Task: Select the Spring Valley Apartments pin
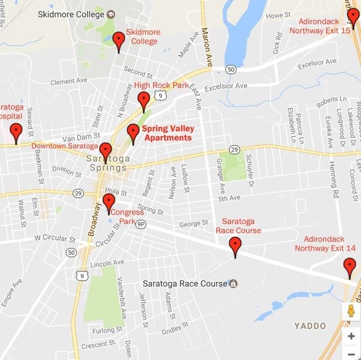coord(133,133)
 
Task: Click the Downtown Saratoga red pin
coord(105,152)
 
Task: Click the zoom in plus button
coord(351,336)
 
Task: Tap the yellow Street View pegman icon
coord(351,311)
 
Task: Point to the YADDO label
coord(310,326)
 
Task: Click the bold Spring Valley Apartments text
coord(168,133)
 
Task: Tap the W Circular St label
coord(55,239)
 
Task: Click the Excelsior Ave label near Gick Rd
coord(317,61)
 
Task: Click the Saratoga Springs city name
coord(106,163)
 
